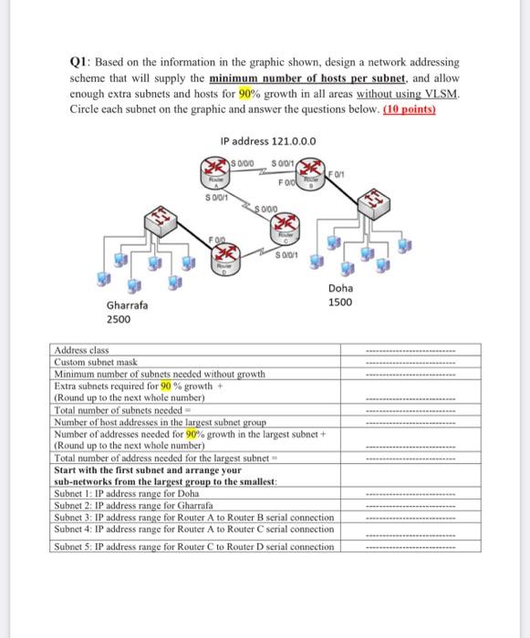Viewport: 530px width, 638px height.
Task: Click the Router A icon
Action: pyautogui.click(x=215, y=172)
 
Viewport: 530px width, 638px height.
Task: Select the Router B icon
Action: pyautogui.click(x=311, y=173)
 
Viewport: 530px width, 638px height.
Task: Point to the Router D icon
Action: pyautogui.click(x=225, y=259)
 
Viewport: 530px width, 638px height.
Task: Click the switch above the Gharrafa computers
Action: pyautogui.click(x=161, y=221)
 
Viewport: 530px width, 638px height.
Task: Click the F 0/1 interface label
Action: pyautogui.click(x=336, y=175)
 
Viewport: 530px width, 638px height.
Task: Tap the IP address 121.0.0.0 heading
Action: pyautogui.click(x=268, y=141)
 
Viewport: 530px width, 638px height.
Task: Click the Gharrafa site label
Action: pyautogui.click(x=127, y=305)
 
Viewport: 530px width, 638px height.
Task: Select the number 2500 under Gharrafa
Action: pyautogui.click(x=119, y=319)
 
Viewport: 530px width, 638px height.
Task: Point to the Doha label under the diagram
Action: pyautogui.click(x=340, y=288)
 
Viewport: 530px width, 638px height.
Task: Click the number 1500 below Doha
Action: pyautogui.click(x=340, y=303)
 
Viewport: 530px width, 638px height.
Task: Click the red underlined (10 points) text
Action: pyautogui.click(x=410, y=109)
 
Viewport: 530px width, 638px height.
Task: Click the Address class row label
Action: pyautogui.click(x=81, y=350)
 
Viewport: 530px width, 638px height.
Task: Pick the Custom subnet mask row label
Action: pyautogui.click(x=96, y=362)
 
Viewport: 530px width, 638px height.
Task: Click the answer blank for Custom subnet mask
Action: pyautogui.click(x=410, y=363)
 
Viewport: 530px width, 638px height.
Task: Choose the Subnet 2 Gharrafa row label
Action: pyautogui.click(x=133, y=505)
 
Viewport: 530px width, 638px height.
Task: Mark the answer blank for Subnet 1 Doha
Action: pyautogui.click(x=410, y=495)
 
